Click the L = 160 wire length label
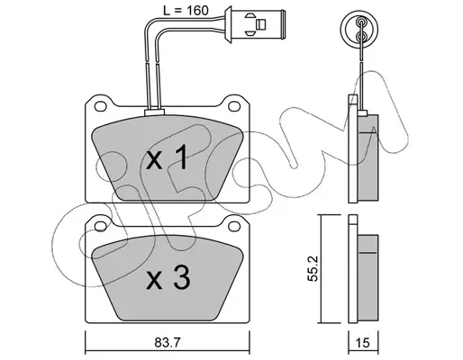[x=186, y=11]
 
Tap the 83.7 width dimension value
[x=168, y=343]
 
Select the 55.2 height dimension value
[x=313, y=268]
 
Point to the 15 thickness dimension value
[x=363, y=343]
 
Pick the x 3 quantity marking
[x=168, y=278]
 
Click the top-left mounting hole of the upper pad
[x=101, y=106]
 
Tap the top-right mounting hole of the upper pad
[x=234, y=106]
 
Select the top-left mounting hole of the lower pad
[x=101, y=227]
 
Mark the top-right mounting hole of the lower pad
[x=234, y=227]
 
